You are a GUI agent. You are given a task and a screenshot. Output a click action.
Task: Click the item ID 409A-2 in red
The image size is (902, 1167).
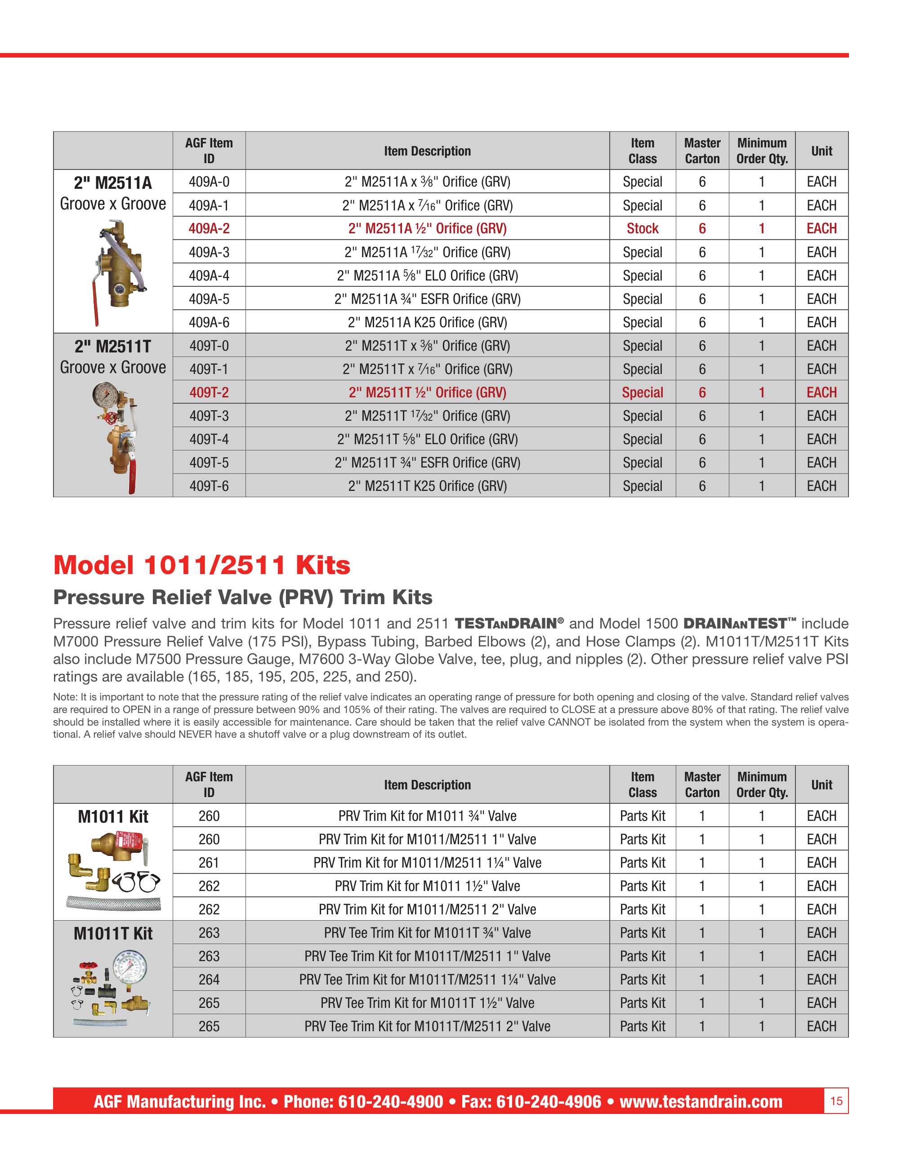click(x=209, y=229)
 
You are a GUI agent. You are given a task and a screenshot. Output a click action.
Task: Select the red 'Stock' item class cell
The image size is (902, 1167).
click(x=642, y=229)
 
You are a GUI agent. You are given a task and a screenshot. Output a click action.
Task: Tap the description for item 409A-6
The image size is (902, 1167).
click(x=427, y=322)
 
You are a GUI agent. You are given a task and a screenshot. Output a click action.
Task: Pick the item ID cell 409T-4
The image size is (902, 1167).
click(x=209, y=439)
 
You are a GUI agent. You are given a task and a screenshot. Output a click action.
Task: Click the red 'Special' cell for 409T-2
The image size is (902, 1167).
click(x=642, y=393)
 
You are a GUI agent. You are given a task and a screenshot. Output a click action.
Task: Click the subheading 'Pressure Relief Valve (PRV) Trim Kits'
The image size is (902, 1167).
click(x=243, y=597)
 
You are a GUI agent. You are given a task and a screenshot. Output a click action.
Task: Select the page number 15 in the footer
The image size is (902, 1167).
click(x=836, y=1101)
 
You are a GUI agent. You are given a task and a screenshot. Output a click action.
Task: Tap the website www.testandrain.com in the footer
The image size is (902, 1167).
click(x=701, y=1101)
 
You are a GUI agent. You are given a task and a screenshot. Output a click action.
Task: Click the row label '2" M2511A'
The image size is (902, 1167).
click(x=113, y=183)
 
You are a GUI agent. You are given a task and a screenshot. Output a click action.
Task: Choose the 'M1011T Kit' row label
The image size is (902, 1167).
click(x=113, y=934)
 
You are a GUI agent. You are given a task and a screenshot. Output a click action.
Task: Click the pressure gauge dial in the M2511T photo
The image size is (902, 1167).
click(x=105, y=396)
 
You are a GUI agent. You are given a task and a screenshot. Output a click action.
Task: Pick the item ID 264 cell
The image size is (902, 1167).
click(x=209, y=980)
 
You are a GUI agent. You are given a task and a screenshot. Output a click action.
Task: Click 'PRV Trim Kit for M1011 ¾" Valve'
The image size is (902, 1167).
click(x=427, y=816)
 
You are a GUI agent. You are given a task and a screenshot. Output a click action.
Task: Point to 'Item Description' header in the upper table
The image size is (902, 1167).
click(x=427, y=151)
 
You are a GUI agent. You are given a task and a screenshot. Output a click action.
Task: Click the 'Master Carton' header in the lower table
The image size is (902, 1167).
click(x=702, y=784)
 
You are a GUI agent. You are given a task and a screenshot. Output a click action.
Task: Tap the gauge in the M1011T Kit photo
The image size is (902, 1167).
click(x=130, y=967)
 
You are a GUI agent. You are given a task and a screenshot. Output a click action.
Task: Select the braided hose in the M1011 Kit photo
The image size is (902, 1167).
click(x=113, y=904)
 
